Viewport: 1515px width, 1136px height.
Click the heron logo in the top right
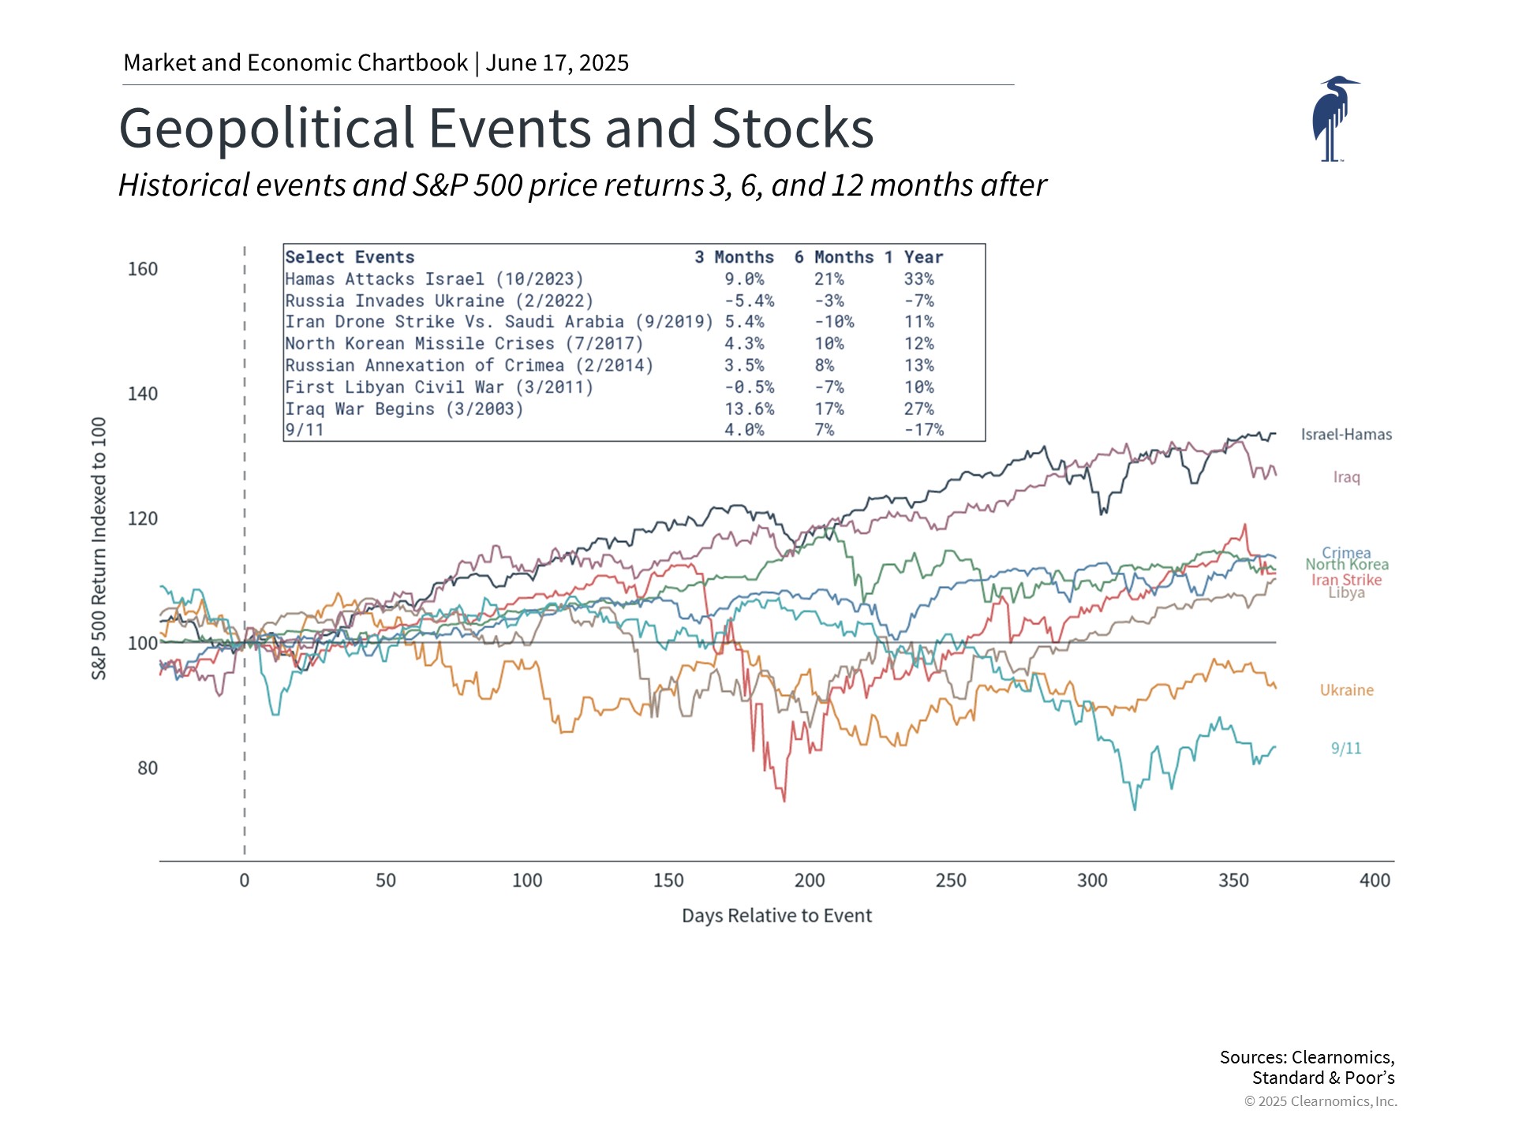click(x=1334, y=118)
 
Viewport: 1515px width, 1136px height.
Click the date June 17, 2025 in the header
click(x=557, y=63)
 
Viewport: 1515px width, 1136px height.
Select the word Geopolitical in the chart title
click(x=266, y=129)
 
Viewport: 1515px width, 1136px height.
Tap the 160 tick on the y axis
click(x=143, y=269)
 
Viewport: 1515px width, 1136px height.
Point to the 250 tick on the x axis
click(x=951, y=880)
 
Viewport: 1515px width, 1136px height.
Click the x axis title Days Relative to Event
click(x=776, y=916)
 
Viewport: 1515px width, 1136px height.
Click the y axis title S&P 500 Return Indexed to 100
click(x=99, y=548)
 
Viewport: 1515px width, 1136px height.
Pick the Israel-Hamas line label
click(x=1346, y=435)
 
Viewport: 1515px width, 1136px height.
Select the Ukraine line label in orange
click(x=1346, y=690)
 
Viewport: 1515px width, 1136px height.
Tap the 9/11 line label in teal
click(x=1346, y=749)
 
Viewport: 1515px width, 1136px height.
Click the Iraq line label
click(x=1346, y=477)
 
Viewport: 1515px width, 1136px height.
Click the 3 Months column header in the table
click(x=734, y=257)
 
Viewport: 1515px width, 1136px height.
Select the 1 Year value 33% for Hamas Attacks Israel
click(x=918, y=279)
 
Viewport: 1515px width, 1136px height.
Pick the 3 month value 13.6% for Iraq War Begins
click(x=749, y=409)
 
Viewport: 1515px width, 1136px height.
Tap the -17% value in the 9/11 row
click(x=923, y=430)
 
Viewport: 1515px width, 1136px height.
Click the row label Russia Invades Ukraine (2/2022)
click(x=439, y=301)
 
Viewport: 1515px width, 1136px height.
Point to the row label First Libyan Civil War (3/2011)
click(x=439, y=387)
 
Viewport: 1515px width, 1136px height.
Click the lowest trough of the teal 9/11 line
click(x=1135, y=809)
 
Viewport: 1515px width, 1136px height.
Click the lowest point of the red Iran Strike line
click(x=784, y=801)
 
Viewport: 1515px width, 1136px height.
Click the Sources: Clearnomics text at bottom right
click(x=1307, y=1058)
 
